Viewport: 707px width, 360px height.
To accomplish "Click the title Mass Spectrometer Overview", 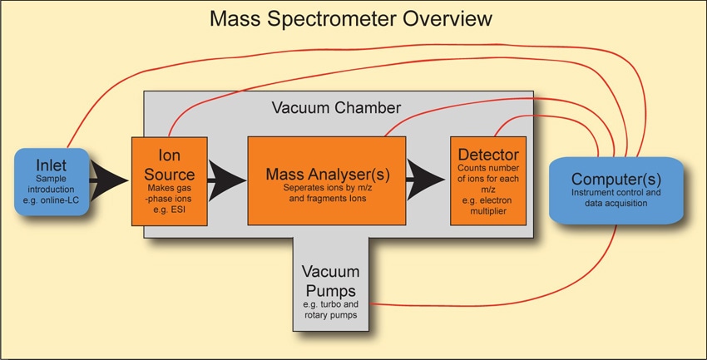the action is pyautogui.click(x=351, y=19).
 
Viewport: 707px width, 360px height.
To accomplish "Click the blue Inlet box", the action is pyautogui.click(x=52, y=181).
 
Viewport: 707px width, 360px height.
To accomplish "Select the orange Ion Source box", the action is pyautogui.click(x=170, y=181).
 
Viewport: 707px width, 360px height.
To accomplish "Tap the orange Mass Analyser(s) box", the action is pyautogui.click(x=326, y=180).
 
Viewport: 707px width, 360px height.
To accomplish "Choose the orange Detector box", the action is pyautogui.click(x=488, y=180).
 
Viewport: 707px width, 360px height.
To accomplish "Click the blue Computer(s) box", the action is pyautogui.click(x=616, y=190).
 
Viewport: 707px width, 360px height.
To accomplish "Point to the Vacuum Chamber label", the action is pyautogui.click(x=336, y=108).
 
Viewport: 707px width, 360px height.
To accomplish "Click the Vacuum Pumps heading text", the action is pyautogui.click(x=330, y=281).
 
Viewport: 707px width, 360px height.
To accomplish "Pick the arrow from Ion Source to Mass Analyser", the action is pyautogui.click(x=227, y=180).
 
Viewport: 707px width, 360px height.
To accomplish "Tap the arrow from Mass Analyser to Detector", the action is pyautogui.click(x=426, y=179).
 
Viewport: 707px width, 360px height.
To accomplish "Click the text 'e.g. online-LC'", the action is pyautogui.click(x=51, y=200).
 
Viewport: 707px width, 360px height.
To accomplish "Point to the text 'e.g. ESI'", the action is pyautogui.click(x=169, y=209).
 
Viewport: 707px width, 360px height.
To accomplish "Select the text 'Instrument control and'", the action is pyautogui.click(x=616, y=193).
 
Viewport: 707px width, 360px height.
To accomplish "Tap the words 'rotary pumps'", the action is pyautogui.click(x=330, y=315).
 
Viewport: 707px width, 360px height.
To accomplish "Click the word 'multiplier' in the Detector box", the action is pyautogui.click(x=488, y=211).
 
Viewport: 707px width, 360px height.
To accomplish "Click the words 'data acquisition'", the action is pyautogui.click(x=616, y=203).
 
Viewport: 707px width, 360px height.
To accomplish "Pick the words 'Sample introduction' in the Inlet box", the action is pyautogui.click(x=51, y=184).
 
